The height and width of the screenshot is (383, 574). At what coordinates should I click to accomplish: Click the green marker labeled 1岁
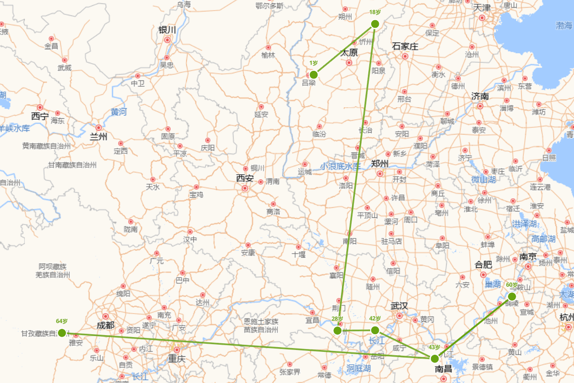(x=314, y=75)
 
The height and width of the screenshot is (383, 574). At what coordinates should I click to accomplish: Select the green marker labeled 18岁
(x=375, y=24)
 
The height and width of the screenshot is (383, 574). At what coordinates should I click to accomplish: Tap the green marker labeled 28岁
(x=337, y=330)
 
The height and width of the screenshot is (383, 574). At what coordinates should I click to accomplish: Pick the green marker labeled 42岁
(x=375, y=330)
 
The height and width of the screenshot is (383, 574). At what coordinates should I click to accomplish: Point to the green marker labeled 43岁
(x=434, y=358)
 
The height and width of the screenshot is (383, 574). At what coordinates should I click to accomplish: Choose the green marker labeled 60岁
(x=512, y=296)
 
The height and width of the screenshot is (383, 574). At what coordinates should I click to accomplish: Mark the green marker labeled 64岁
(x=62, y=333)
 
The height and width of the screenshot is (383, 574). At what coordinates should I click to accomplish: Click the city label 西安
(x=244, y=178)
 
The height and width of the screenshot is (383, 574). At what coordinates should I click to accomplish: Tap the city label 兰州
(x=99, y=137)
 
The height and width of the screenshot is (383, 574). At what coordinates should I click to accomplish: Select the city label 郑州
(x=380, y=163)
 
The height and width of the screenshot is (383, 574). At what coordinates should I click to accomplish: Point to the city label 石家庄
(x=405, y=46)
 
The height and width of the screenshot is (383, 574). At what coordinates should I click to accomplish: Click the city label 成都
(x=106, y=326)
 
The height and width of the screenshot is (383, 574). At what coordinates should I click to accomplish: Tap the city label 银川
(x=167, y=30)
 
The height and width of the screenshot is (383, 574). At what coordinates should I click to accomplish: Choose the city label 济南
(x=480, y=96)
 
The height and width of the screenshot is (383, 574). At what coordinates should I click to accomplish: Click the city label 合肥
(x=483, y=264)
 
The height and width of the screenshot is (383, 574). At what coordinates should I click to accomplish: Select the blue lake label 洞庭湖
(x=358, y=368)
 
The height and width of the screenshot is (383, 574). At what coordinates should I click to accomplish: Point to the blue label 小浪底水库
(x=340, y=166)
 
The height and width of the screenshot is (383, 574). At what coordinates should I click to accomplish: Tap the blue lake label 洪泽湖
(x=525, y=224)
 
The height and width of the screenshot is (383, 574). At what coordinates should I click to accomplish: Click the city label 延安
(x=261, y=114)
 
